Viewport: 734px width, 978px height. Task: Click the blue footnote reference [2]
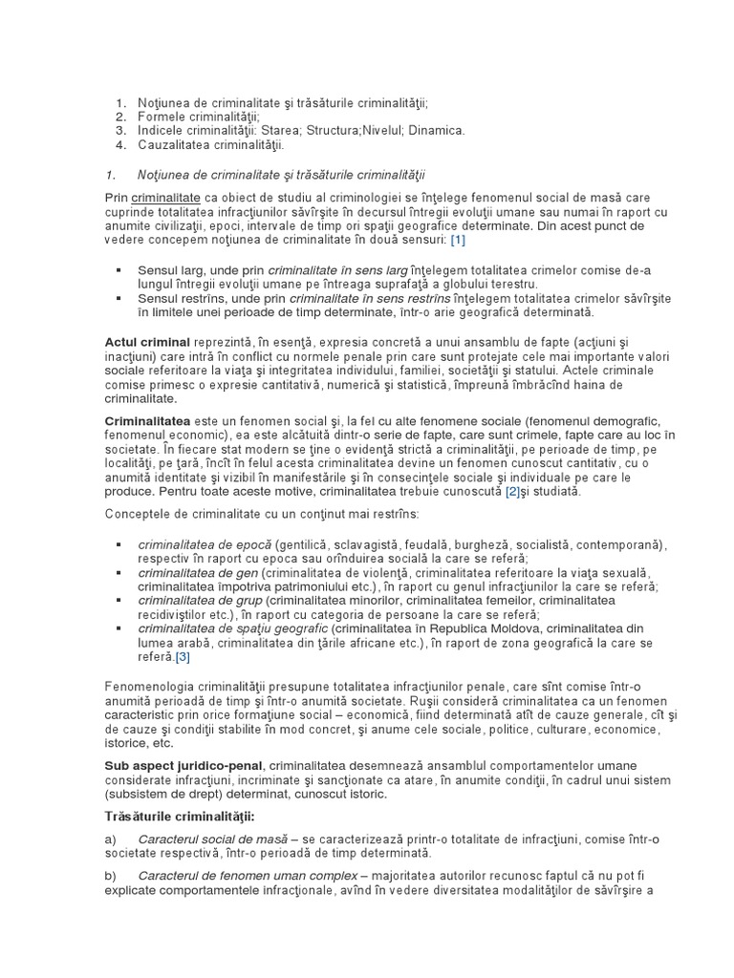tap(514, 492)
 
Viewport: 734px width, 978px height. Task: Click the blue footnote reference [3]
tap(183, 657)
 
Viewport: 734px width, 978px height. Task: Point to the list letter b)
tap(111, 876)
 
